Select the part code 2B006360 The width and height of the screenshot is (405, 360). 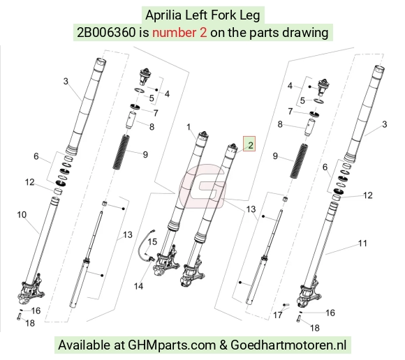coord(106,33)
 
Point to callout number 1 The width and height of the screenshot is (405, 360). coord(189,127)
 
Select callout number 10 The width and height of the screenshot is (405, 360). coord(22,215)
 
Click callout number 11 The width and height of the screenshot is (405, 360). coord(362,243)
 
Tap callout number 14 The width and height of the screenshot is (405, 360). coord(138,286)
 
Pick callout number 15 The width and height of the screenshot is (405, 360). coord(152,242)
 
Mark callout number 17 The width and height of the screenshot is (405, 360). coord(278,315)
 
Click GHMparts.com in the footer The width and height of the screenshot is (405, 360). coord(172,345)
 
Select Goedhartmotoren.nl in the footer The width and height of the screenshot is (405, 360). coord(288,345)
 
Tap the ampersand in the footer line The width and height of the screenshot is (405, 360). coord(223,345)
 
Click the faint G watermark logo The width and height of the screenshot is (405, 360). coord(202,186)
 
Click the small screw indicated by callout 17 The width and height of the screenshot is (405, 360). coord(286,305)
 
